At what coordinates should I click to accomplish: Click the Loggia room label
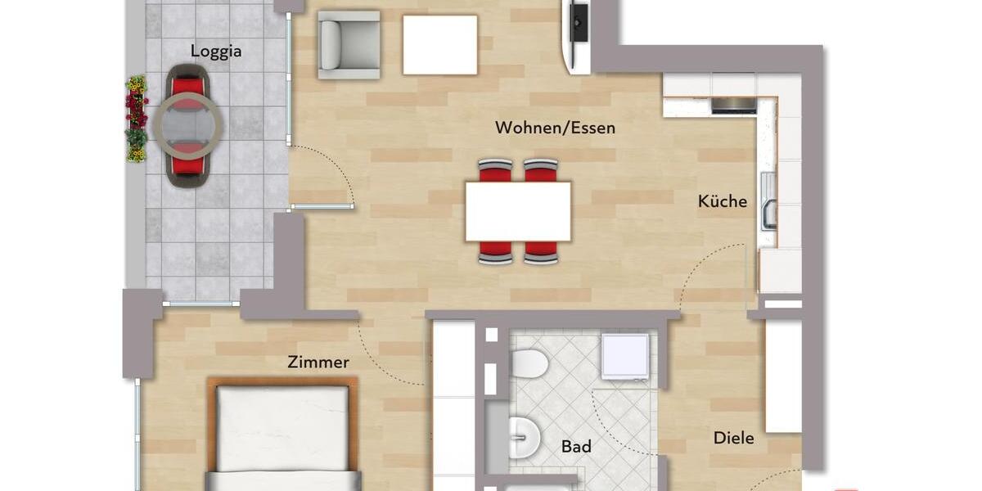[216, 51]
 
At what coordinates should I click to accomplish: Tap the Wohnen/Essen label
[555, 128]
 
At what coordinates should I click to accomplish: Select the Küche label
[723, 201]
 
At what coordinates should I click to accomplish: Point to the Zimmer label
[318, 362]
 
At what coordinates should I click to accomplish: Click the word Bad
[576, 447]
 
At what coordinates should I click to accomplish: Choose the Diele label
[733, 438]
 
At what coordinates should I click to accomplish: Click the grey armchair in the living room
[348, 44]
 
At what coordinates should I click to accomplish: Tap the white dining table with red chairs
[518, 211]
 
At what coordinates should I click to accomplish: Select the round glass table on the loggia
[187, 126]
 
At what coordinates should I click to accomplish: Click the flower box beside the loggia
[136, 118]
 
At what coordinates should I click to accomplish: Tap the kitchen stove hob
[733, 105]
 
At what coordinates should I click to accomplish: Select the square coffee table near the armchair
[439, 45]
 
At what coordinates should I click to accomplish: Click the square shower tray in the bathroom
[624, 356]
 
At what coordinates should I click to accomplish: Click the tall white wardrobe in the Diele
[783, 376]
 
